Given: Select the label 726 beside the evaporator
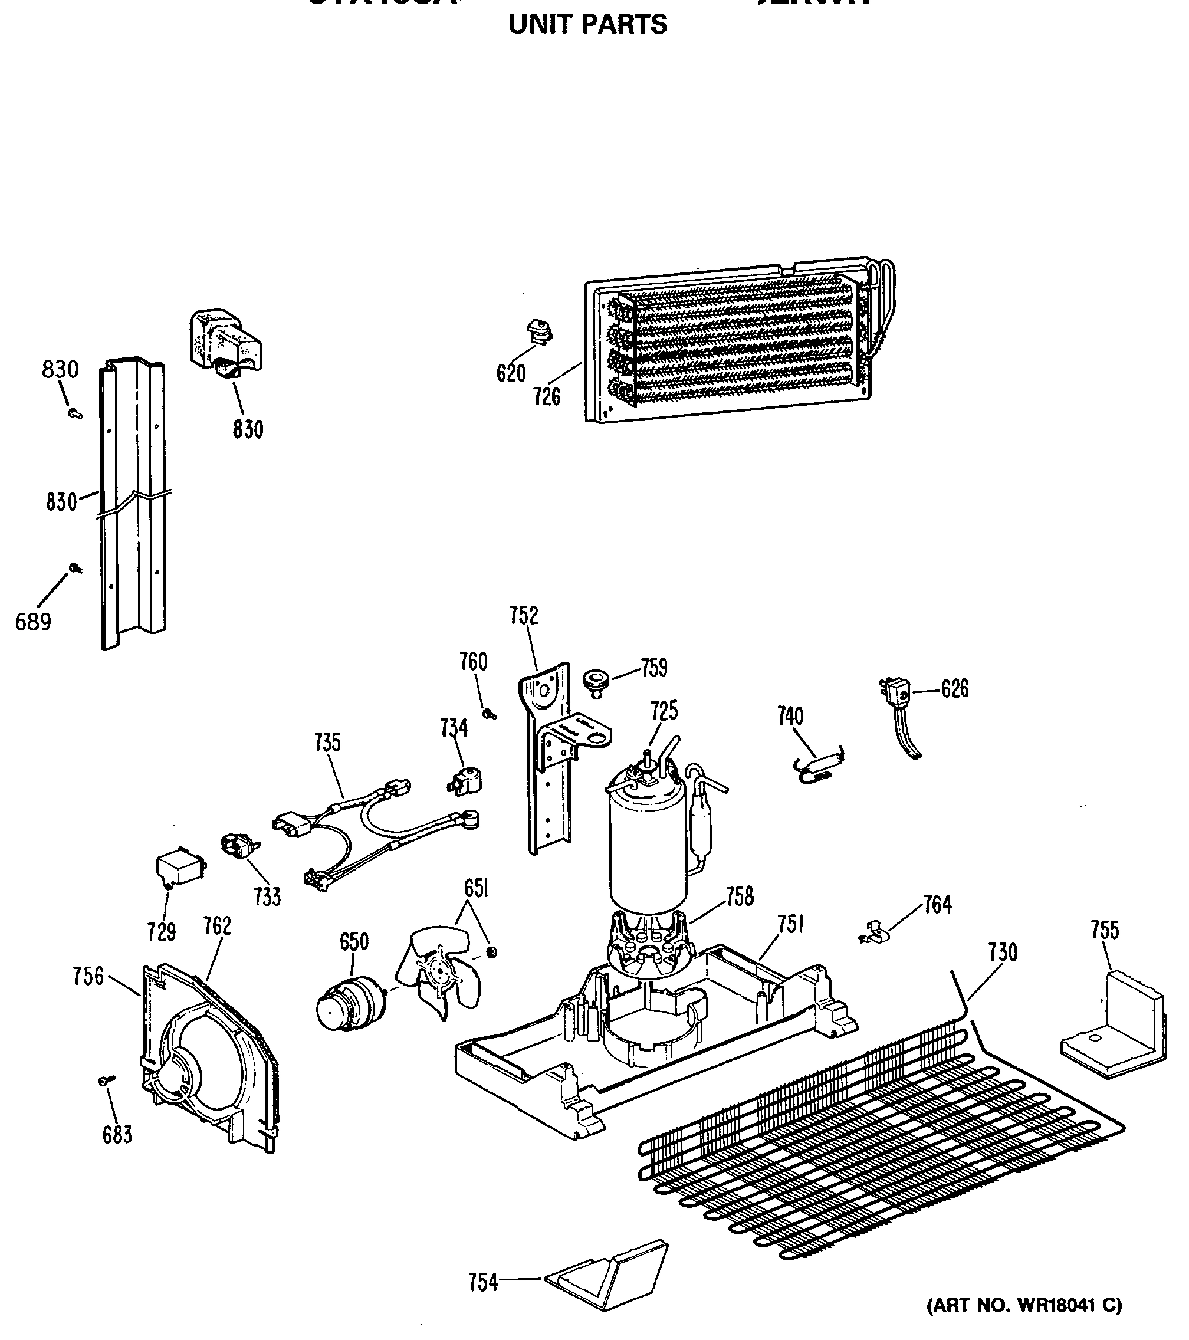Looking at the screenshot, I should click(547, 396).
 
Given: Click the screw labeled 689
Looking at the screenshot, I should click(75, 568).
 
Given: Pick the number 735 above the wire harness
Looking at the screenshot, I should click(327, 743).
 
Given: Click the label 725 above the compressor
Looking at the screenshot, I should click(664, 711).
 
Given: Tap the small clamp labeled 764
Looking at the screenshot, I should click(873, 934).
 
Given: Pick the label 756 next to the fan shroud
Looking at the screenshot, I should click(88, 976).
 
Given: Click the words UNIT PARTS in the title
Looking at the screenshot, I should click(587, 25).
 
